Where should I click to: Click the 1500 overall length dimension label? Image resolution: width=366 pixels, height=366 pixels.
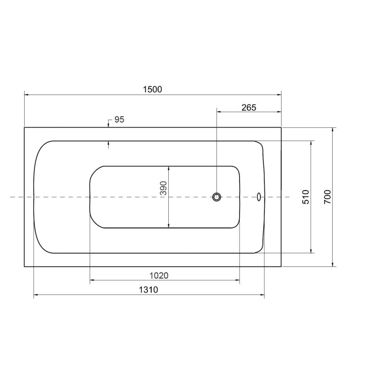153,89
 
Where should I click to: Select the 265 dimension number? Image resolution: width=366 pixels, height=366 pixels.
249,108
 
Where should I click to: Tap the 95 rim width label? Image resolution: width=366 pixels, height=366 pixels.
119,120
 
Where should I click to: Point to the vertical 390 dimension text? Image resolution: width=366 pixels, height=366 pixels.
163,188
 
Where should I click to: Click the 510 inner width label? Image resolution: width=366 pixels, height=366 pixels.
306,197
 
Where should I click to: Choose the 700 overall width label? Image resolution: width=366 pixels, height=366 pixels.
328,197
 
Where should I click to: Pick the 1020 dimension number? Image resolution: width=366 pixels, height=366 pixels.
159,276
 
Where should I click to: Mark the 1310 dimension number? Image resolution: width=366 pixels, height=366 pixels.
149,290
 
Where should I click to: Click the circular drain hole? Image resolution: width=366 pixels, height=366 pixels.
216,197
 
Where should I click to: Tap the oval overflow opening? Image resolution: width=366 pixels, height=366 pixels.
259,197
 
